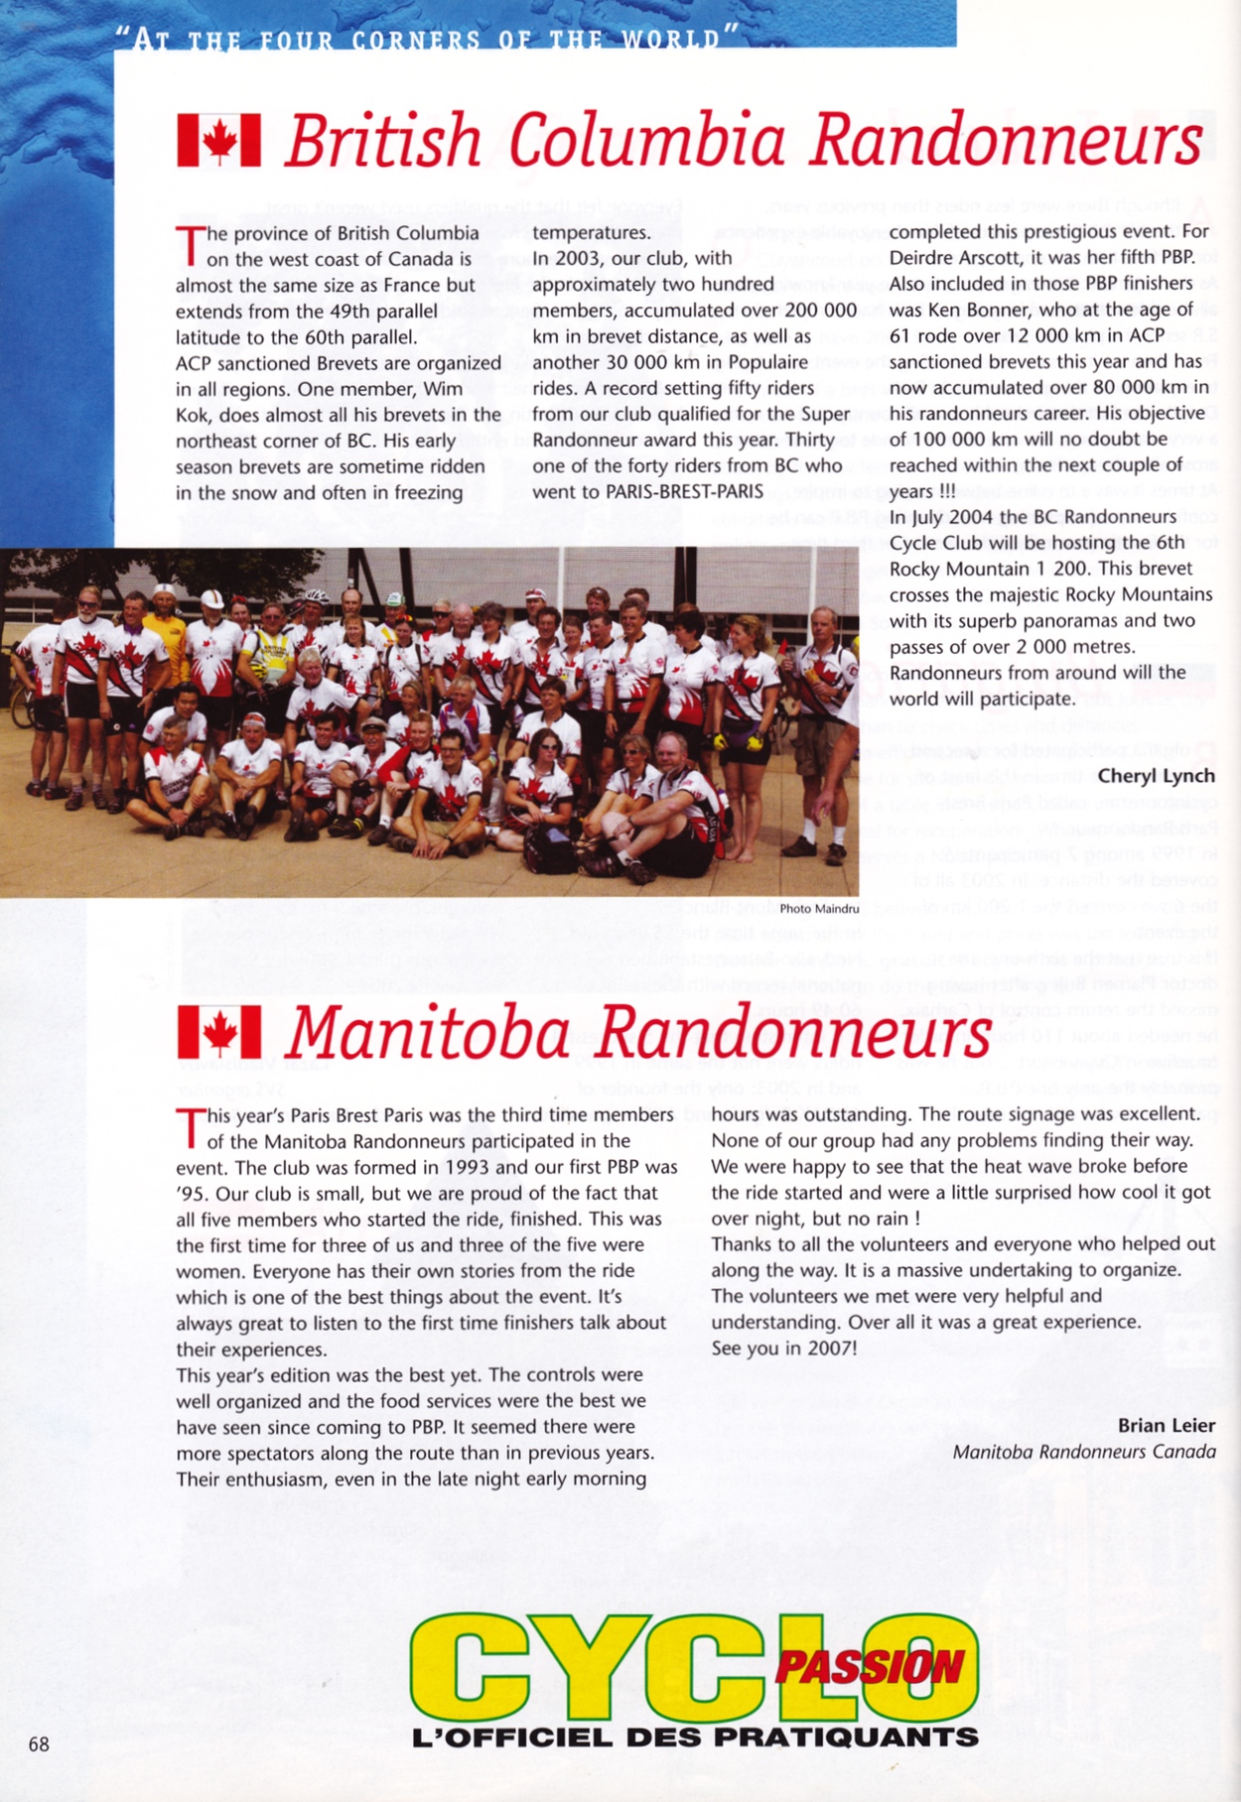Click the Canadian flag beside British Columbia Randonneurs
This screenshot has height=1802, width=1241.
[x=218, y=141]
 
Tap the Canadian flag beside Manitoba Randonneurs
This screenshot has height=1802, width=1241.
[x=218, y=1033]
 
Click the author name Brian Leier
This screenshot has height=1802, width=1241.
[x=1166, y=1426]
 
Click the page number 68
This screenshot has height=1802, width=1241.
[x=39, y=1744]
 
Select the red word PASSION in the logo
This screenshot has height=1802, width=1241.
[x=869, y=1669]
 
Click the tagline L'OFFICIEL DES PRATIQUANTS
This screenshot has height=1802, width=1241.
[x=695, y=1738]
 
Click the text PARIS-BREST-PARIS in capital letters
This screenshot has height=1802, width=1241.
[x=647, y=491]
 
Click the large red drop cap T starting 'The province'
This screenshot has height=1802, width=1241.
[x=188, y=244]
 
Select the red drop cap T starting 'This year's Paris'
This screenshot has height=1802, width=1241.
[x=188, y=1127]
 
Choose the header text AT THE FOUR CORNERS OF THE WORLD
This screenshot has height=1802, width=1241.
[x=427, y=40]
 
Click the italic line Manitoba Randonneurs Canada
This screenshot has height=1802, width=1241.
[x=1083, y=1452]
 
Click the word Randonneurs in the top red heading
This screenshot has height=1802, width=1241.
[x=1005, y=141]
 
